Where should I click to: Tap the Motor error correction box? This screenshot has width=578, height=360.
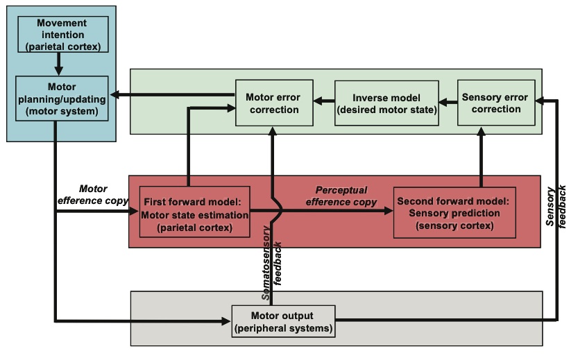pos(274,102)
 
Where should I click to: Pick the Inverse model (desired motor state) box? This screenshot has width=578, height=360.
pos(387,102)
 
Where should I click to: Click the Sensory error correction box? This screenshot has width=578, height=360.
pos(495,102)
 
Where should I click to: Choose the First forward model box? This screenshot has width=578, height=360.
pos(194,212)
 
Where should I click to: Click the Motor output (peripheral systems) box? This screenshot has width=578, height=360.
pos(283,321)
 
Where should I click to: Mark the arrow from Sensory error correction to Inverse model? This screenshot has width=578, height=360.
pos(448,102)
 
